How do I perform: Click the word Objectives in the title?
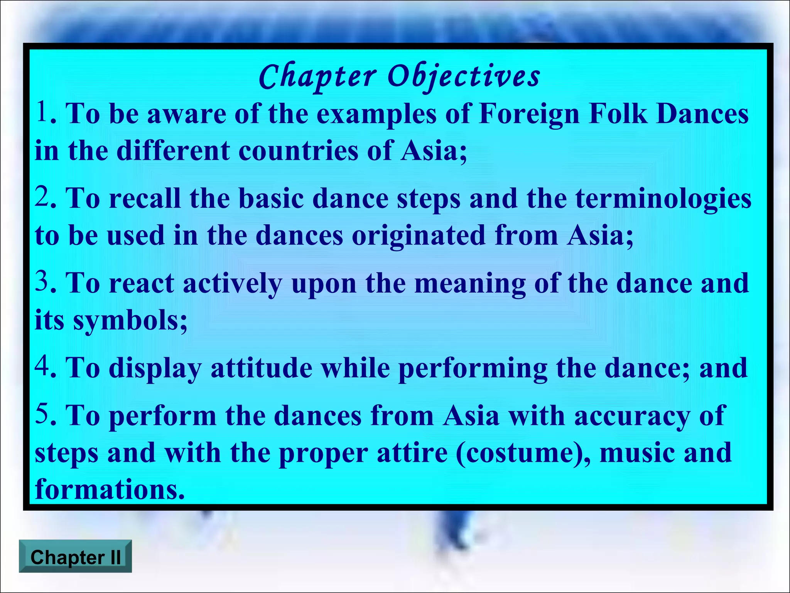tap(464, 76)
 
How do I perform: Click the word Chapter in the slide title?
tap(317, 76)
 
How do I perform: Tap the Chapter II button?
tap(76, 557)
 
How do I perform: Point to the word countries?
tap(299, 151)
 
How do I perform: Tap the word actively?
tap(233, 284)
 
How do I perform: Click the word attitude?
tap(262, 368)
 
